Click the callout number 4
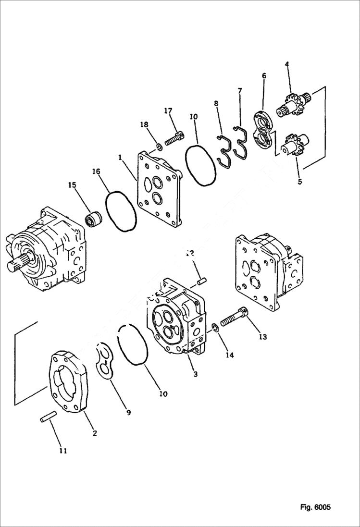286,64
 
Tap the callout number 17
168,111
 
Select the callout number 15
72,184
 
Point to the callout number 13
262,337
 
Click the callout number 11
63,451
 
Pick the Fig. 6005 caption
315,507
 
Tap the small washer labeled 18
159,146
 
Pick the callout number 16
96,171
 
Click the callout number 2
95,433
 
